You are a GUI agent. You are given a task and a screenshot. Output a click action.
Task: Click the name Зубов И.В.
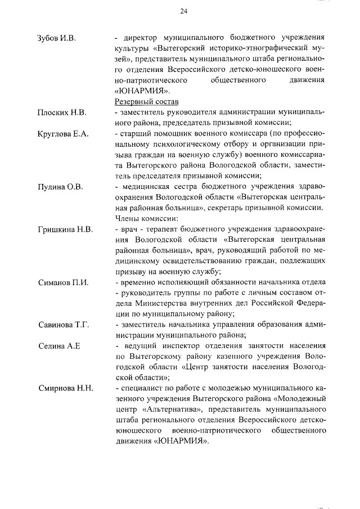click(x=57, y=38)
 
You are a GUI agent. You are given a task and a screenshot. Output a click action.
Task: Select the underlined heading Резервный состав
click(x=146, y=102)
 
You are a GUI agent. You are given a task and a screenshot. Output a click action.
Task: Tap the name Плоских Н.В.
click(x=62, y=112)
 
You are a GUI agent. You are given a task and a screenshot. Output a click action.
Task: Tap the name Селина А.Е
click(x=59, y=346)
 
